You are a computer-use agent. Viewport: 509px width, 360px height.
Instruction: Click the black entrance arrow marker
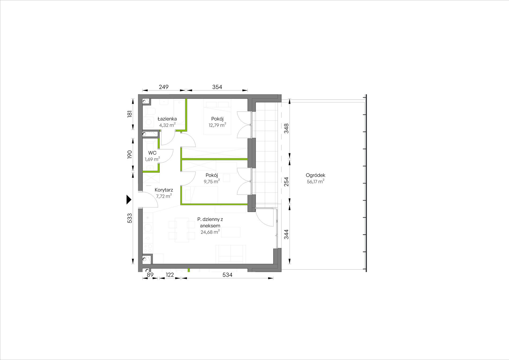[129, 200]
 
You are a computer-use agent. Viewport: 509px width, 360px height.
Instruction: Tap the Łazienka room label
[167, 119]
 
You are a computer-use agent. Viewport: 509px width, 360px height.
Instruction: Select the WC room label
[152, 153]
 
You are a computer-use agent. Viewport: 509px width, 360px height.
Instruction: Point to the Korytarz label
[164, 190]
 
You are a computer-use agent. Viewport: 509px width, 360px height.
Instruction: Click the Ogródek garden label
[316, 175]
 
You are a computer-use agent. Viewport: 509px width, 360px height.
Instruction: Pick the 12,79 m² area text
[217, 125]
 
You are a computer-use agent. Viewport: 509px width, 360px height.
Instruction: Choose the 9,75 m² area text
[212, 181]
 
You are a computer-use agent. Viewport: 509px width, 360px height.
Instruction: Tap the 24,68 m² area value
[210, 232]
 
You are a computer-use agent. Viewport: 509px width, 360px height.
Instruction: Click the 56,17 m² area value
[316, 181]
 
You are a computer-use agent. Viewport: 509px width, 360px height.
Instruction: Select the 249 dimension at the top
[164, 87]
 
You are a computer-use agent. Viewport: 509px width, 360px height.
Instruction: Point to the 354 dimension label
[217, 87]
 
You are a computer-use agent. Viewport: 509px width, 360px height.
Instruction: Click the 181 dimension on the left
[130, 114]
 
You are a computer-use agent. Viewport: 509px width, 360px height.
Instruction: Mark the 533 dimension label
[130, 218]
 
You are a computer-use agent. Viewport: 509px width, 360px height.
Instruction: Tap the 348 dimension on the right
[286, 128]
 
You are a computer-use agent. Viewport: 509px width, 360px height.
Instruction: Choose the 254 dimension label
[286, 182]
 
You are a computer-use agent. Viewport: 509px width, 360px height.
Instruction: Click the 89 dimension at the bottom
[150, 275]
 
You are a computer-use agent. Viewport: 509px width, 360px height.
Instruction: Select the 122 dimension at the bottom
[170, 275]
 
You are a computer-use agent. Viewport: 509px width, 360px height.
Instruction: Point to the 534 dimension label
[227, 275]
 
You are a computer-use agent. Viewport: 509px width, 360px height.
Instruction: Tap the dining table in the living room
[182, 230]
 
